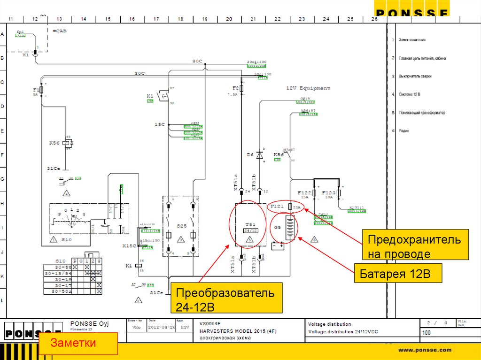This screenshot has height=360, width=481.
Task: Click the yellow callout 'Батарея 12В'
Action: (398, 274)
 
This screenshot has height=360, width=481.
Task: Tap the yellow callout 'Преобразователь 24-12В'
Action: (226, 299)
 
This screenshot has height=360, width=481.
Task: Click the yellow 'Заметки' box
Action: (78, 343)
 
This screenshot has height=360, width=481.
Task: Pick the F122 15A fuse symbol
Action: (314, 193)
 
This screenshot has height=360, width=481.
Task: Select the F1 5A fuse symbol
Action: (42, 89)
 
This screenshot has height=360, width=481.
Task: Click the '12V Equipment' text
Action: (308, 88)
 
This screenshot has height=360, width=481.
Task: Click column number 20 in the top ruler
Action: (229, 19)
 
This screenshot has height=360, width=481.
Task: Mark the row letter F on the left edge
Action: (2, 155)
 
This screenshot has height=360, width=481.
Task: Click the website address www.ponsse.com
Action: (425, 350)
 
